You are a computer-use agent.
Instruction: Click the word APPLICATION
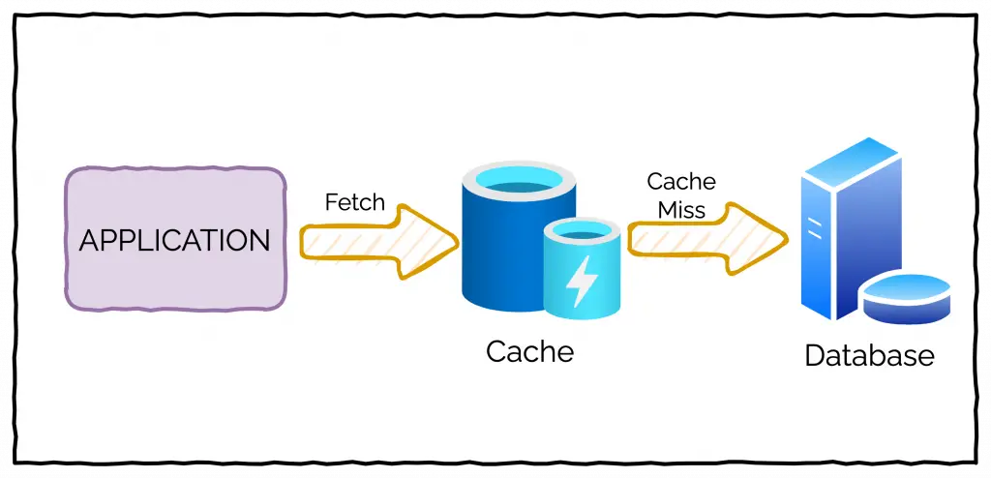point(174,240)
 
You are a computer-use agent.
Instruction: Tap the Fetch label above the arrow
point(354,203)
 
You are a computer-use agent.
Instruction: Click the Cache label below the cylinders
point(529,350)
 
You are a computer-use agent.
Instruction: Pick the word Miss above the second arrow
point(681,209)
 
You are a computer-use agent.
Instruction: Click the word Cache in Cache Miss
point(681,182)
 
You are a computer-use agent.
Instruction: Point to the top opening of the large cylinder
point(519,181)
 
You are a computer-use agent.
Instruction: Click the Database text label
point(869,355)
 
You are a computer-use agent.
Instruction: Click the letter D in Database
point(815,355)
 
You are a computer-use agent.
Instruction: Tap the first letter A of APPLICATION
point(88,240)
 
